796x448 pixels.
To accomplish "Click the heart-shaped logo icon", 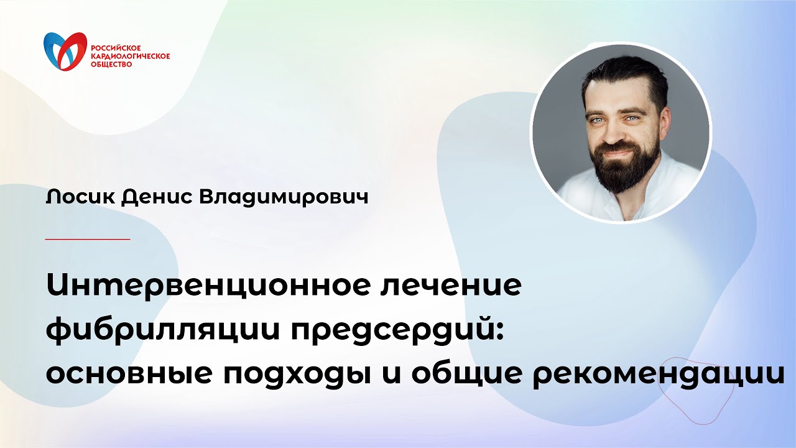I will click(x=65, y=52).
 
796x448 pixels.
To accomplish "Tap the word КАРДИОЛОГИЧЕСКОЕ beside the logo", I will click(x=130, y=56).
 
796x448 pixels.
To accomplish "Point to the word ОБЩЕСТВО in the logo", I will click(x=111, y=64).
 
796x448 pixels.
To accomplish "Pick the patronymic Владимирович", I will click(x=283, y=197).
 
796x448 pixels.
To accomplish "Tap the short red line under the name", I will click(x=88, y=239).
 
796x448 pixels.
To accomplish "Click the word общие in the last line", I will click(x=460, y=371).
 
